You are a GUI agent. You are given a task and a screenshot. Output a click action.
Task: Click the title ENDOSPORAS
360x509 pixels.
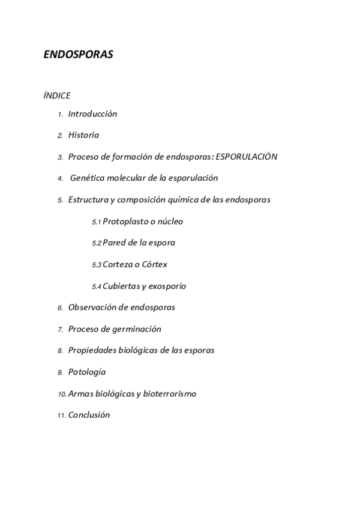79,55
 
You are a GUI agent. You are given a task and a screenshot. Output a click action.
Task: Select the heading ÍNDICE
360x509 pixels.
57,95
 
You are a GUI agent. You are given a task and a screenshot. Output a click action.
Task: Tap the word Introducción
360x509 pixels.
92,114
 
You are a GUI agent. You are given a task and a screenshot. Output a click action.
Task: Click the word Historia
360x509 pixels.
83,135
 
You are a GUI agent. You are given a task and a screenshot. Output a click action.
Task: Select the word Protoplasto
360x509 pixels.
127,221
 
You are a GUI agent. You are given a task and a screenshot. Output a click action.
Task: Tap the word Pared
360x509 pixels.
114,243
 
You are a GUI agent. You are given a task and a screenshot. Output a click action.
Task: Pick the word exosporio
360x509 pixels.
167,286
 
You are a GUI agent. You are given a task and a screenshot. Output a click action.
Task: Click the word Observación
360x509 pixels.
93,307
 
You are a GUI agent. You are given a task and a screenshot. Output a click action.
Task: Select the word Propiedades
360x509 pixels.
93,351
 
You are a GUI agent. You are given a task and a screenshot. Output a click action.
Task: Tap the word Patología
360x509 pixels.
87,372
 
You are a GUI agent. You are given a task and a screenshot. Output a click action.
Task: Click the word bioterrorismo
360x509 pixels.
170,394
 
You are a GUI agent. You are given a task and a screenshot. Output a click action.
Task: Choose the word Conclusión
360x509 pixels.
89,415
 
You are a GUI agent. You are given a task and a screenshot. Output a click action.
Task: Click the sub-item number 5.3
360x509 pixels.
97,265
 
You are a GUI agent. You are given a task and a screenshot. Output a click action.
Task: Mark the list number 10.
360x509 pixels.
62,394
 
